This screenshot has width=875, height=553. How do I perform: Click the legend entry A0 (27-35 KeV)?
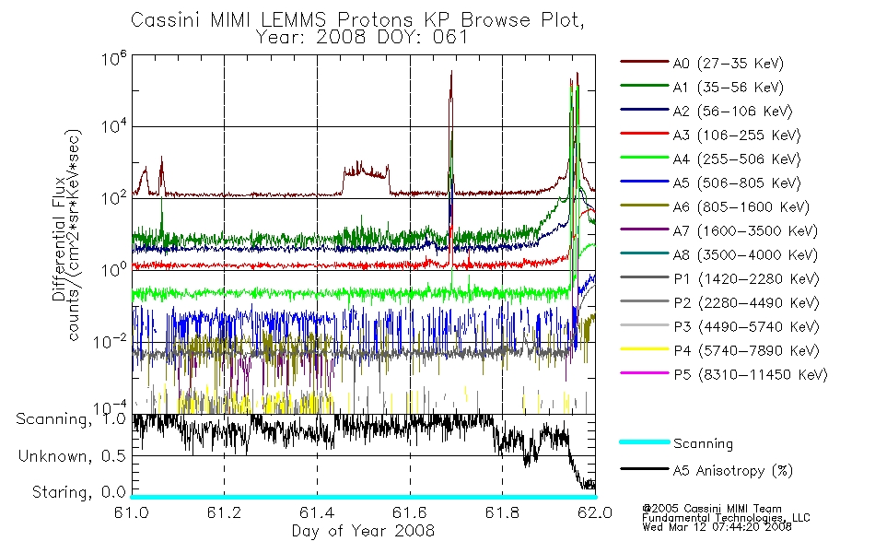pyautogui.click(x=728, y=63)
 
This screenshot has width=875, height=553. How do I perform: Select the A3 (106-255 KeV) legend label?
pyautogui.click(x=736, y=135)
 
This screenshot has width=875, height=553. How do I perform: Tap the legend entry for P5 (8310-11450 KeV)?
pyautogui.click(x=750, y=374)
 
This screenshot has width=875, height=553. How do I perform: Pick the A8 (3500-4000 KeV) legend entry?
pyautogui.click(x=744, y=254)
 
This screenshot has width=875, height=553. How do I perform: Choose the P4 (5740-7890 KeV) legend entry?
pyautogui.click(x=746, y=351)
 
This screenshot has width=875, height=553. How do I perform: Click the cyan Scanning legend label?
pyautogui.click(x=703, y=443)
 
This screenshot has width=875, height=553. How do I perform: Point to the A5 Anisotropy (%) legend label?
pyautogui.click(x=732, y=471)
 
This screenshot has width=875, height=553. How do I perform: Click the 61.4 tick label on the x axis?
pyautogui.click(x=317, y=512)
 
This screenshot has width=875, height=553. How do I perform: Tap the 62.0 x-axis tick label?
pyautogui.click(x=595, y=512)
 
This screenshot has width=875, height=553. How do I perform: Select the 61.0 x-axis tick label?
pyautogui.click(x=132, y=512)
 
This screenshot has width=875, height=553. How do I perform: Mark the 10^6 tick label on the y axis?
pyautogui.click(x=114, y=58)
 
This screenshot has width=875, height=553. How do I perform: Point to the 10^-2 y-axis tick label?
pyautogui.click(x=110, y=341)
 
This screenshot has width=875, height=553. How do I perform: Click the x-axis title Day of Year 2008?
pyautogui.click(x=363, y=531)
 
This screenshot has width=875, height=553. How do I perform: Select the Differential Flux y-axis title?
pyautogui.click(x=59, y=239)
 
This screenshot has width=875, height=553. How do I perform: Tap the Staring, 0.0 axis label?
pyautogui.click(x=78, y=492)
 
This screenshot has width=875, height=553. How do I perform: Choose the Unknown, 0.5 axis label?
pyautogui.click(x=72, y=456)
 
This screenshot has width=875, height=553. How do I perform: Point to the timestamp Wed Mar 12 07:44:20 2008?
pyautogui.click(x=717, y=527)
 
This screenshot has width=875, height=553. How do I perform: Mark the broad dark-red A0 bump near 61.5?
pyautogui.click(x=366, y=177)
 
